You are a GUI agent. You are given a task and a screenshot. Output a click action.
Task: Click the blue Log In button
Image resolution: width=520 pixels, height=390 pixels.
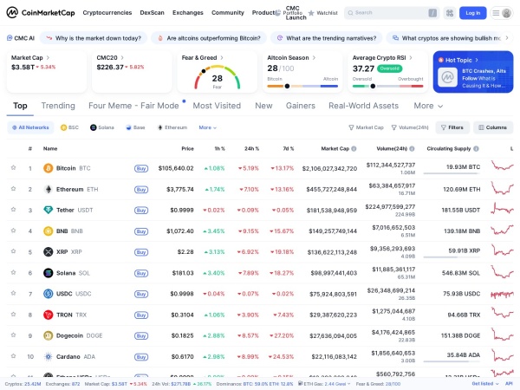(472, 13)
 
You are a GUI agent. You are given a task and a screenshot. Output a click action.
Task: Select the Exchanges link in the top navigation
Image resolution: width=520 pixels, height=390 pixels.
(188, 13)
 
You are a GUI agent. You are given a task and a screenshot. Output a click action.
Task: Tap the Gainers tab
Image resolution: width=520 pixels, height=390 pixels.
(301, 106)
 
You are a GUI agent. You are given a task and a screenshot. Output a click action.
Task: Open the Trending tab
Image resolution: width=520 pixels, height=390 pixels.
(58, 106)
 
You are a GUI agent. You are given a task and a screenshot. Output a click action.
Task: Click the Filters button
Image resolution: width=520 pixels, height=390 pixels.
(452, 127)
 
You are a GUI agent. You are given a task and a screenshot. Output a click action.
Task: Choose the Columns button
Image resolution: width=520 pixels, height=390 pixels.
(492, 127)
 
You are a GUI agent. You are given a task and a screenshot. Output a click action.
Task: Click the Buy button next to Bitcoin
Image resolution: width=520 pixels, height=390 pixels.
(141, 168)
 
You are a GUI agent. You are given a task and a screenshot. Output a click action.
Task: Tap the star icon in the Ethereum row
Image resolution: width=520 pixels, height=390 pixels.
(13, 189)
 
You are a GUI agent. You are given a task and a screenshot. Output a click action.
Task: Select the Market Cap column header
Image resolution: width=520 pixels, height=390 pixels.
(335, 148)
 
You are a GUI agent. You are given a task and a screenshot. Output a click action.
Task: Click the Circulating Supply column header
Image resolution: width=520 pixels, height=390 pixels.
(451, 148)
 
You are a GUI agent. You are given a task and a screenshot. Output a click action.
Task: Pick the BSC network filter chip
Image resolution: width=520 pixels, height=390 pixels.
(69, 127)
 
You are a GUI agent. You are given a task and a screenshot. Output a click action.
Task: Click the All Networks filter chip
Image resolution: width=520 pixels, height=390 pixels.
(30, 127)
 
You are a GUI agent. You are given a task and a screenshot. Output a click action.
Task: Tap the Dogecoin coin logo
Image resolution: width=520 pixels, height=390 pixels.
(48, 335)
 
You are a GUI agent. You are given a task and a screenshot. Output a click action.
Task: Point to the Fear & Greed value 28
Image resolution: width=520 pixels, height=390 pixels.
(218, 78)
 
